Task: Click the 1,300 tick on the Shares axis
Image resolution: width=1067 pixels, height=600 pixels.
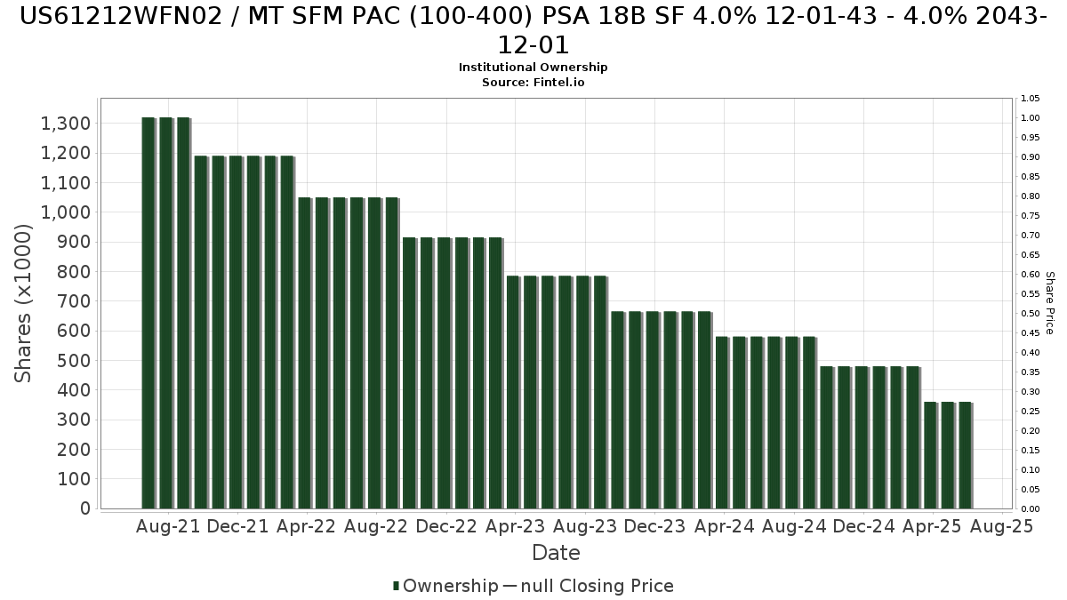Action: tap(66, 124)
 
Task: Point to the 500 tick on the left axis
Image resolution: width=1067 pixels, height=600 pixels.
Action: tap(74, 361)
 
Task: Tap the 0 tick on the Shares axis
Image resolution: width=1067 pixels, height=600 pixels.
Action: tap(85, 508)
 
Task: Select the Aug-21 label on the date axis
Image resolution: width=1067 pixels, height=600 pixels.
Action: tap(168, 526)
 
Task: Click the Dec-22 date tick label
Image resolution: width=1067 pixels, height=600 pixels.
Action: tap(446, 526)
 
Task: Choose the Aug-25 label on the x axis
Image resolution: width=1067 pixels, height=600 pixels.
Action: tap(1002, 526)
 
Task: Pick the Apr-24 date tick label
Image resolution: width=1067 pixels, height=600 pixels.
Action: tap(725, 526)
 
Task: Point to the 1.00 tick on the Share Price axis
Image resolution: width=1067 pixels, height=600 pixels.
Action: tap(1031, 118)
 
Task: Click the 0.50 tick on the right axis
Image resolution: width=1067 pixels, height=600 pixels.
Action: tap(1031, 313)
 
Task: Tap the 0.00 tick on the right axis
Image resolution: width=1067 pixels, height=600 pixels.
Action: tap(1031, 509)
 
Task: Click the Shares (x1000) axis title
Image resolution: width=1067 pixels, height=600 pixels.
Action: tap(23, 303)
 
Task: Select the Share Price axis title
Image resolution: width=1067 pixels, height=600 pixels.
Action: tap(1050, 303)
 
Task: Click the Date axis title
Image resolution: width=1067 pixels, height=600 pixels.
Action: tap(556, 553)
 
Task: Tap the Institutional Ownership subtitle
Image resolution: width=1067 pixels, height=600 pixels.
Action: tap(533, 68)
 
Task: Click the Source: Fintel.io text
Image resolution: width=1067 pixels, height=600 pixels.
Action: tap(533, 83)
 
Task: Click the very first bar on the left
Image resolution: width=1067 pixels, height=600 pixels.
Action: tap(148, 313)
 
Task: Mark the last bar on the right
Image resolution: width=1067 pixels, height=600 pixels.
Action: tap(966, 455)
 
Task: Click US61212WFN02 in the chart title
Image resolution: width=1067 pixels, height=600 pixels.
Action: tap(121, 16)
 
